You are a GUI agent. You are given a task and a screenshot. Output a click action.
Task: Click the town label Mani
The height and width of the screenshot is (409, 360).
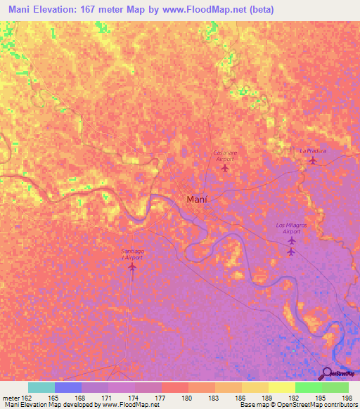(196, 200)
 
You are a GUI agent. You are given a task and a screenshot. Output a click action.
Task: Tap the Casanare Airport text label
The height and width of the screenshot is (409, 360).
(223, 156)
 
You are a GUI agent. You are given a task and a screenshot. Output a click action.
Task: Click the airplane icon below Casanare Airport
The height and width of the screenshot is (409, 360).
(225, 169)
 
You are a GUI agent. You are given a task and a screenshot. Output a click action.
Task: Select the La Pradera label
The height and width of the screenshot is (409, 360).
(312, 150)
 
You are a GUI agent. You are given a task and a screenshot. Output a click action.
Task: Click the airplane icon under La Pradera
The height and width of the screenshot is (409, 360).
(312, 162)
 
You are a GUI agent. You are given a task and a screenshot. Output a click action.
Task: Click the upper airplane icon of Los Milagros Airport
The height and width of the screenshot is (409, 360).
(292, 240)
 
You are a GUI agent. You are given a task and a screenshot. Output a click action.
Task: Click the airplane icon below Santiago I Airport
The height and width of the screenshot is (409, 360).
(134, 266)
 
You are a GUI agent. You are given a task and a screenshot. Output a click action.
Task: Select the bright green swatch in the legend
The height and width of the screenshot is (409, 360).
(309, 387)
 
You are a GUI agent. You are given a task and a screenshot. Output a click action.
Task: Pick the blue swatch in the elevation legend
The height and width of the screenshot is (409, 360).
(67, 387)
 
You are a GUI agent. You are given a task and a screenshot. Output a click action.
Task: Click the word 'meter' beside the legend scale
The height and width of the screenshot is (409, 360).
(11, 397)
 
